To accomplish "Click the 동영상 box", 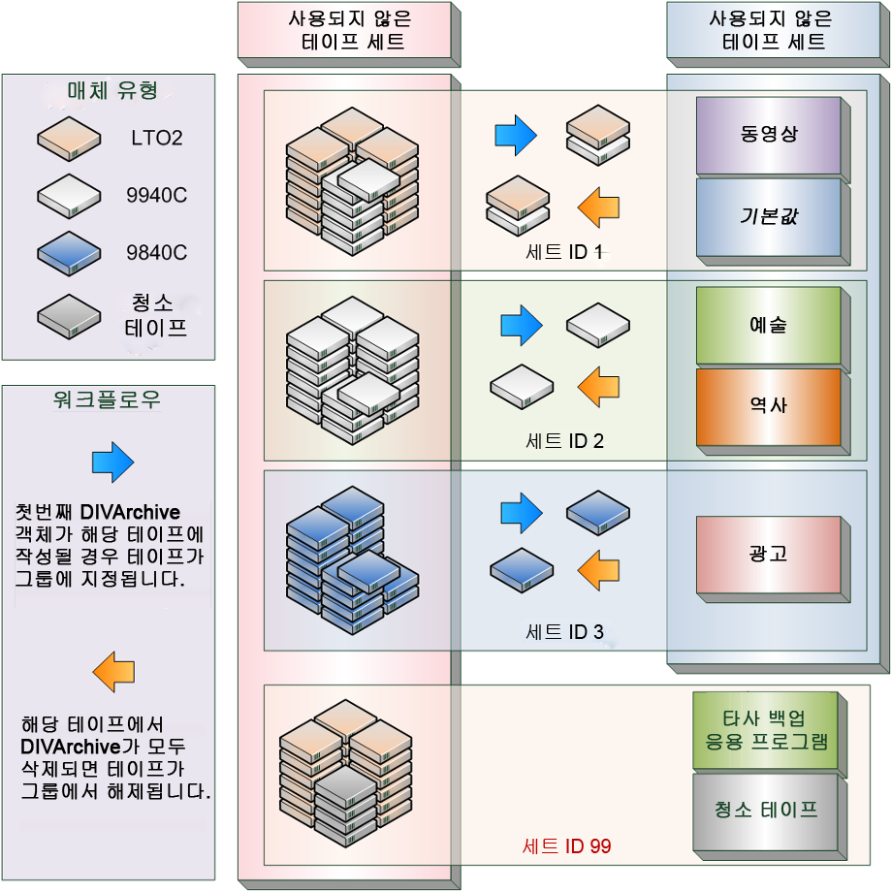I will tap(768, 135).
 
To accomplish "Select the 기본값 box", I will tap(768, 215).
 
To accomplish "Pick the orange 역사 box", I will tap(768, 405).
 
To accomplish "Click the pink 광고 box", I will tap(768, 554).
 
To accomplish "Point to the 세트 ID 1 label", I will tap(564, 253).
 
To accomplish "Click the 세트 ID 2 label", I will tap(564, 441).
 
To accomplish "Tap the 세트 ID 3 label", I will tap(564, 632).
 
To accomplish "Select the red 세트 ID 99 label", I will tap(566, 845).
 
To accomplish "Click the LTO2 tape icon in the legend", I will tap(69, 139).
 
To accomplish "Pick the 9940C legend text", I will tap(156, 196).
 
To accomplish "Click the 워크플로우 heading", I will tap(108, 399).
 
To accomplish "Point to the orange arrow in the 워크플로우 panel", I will tap(112, 671).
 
